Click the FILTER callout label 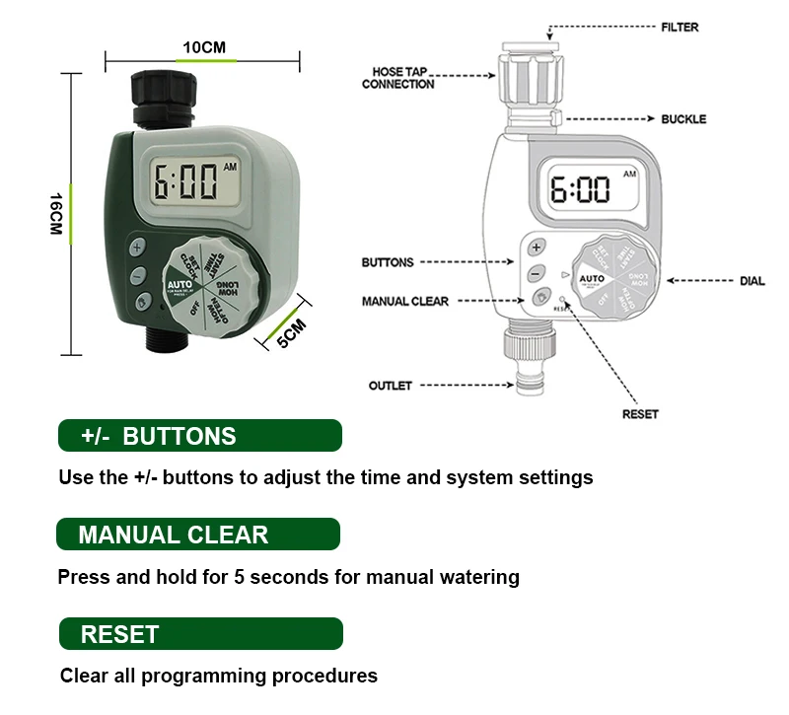coord(680,27)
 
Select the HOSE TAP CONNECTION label coord(398,78)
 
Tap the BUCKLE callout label coord(683,119)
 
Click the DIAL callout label coord(752,281)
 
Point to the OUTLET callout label coord(390,386)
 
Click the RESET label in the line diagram coord(640,414)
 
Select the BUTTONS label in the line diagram coord(388,262)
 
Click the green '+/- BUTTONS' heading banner coord(199,436)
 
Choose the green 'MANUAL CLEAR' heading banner coord(198,535)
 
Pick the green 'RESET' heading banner coord(200,633)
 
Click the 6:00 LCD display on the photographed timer coord(187,184)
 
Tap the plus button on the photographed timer coord(136,247)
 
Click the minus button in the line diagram coord(535,272)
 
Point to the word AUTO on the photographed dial coord(179,283)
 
